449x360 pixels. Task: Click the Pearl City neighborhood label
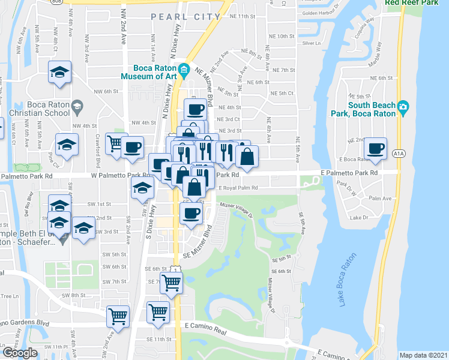(185, 17)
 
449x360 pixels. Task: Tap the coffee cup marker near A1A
(376, 148)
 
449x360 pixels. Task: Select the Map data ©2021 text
(423, 355)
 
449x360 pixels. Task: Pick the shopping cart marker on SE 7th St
(172, 281)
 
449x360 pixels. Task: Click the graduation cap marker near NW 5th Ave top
(59, 72)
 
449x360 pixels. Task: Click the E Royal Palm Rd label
(238, 188)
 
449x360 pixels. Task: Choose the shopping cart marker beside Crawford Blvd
(115, 143)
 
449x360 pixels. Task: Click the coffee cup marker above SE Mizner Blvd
(191, 212)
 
